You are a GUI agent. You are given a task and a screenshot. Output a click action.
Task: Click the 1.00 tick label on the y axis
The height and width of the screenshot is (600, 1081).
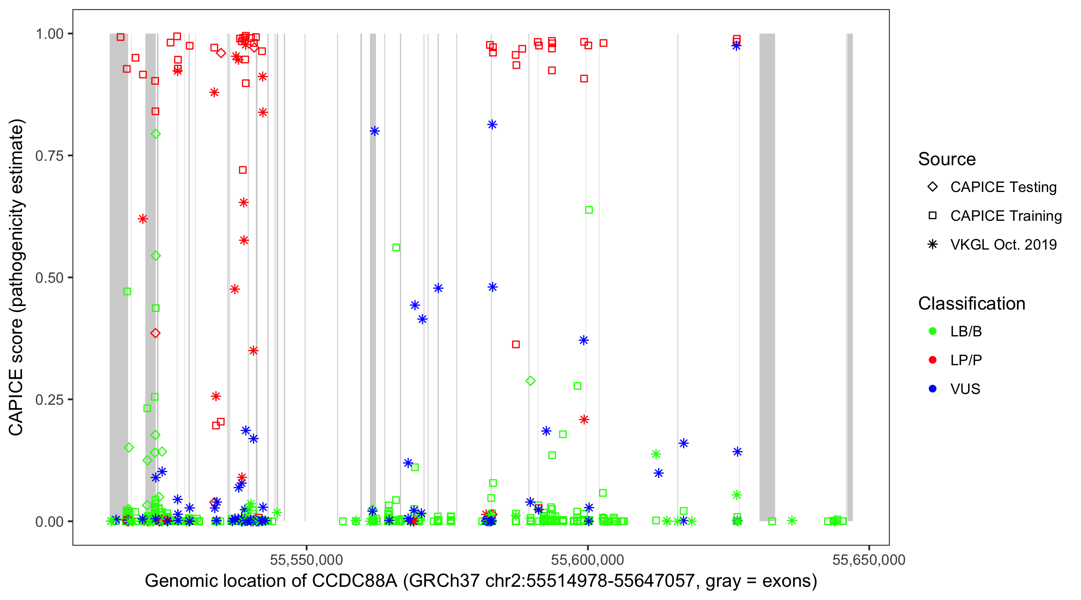tap(49, 34)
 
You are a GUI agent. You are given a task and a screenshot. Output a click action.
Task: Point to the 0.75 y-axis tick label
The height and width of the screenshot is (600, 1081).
tap(49, 156)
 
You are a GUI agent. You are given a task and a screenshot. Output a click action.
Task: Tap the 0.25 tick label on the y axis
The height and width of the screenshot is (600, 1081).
tap(49, 400)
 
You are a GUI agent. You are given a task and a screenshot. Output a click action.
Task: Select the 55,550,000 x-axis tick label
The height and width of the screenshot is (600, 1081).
tap(306, 560)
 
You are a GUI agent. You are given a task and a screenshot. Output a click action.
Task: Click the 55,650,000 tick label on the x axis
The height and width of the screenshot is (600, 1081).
tap(869, 560)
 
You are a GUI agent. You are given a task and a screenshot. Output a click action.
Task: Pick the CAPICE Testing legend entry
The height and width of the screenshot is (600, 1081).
tap(1003, 187)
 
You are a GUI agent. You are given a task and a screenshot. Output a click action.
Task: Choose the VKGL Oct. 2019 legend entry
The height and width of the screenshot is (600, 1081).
tap(1003, 245)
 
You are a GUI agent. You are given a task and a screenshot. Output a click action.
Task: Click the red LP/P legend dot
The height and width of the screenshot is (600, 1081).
tap(932, 360)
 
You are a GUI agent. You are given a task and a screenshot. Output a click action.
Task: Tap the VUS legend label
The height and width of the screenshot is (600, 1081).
tap(965, 389)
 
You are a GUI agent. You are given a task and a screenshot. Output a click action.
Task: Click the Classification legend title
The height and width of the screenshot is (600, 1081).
tap(971, 304)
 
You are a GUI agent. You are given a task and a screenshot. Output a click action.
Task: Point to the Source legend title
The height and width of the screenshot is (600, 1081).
tap(947, 159)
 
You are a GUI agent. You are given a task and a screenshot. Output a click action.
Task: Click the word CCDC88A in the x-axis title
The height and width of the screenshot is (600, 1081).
tap(355, 581)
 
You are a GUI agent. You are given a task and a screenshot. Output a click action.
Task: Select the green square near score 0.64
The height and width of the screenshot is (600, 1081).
tap(589, 210)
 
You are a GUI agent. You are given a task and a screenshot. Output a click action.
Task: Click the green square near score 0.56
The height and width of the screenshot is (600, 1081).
tap(396, 248)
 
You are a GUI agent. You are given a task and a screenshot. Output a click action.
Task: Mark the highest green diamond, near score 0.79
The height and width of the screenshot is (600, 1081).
tap(156, 134)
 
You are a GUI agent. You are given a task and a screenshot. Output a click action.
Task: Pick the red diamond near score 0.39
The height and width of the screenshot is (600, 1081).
tap(155, 333)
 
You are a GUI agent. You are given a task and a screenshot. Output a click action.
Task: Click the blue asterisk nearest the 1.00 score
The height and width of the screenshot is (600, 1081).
tap(736, 46)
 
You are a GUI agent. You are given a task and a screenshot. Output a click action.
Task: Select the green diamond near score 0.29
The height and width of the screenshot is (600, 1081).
tap(530, 381)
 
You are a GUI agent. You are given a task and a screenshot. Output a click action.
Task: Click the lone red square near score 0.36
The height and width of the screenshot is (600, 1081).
tap(516, 345)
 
